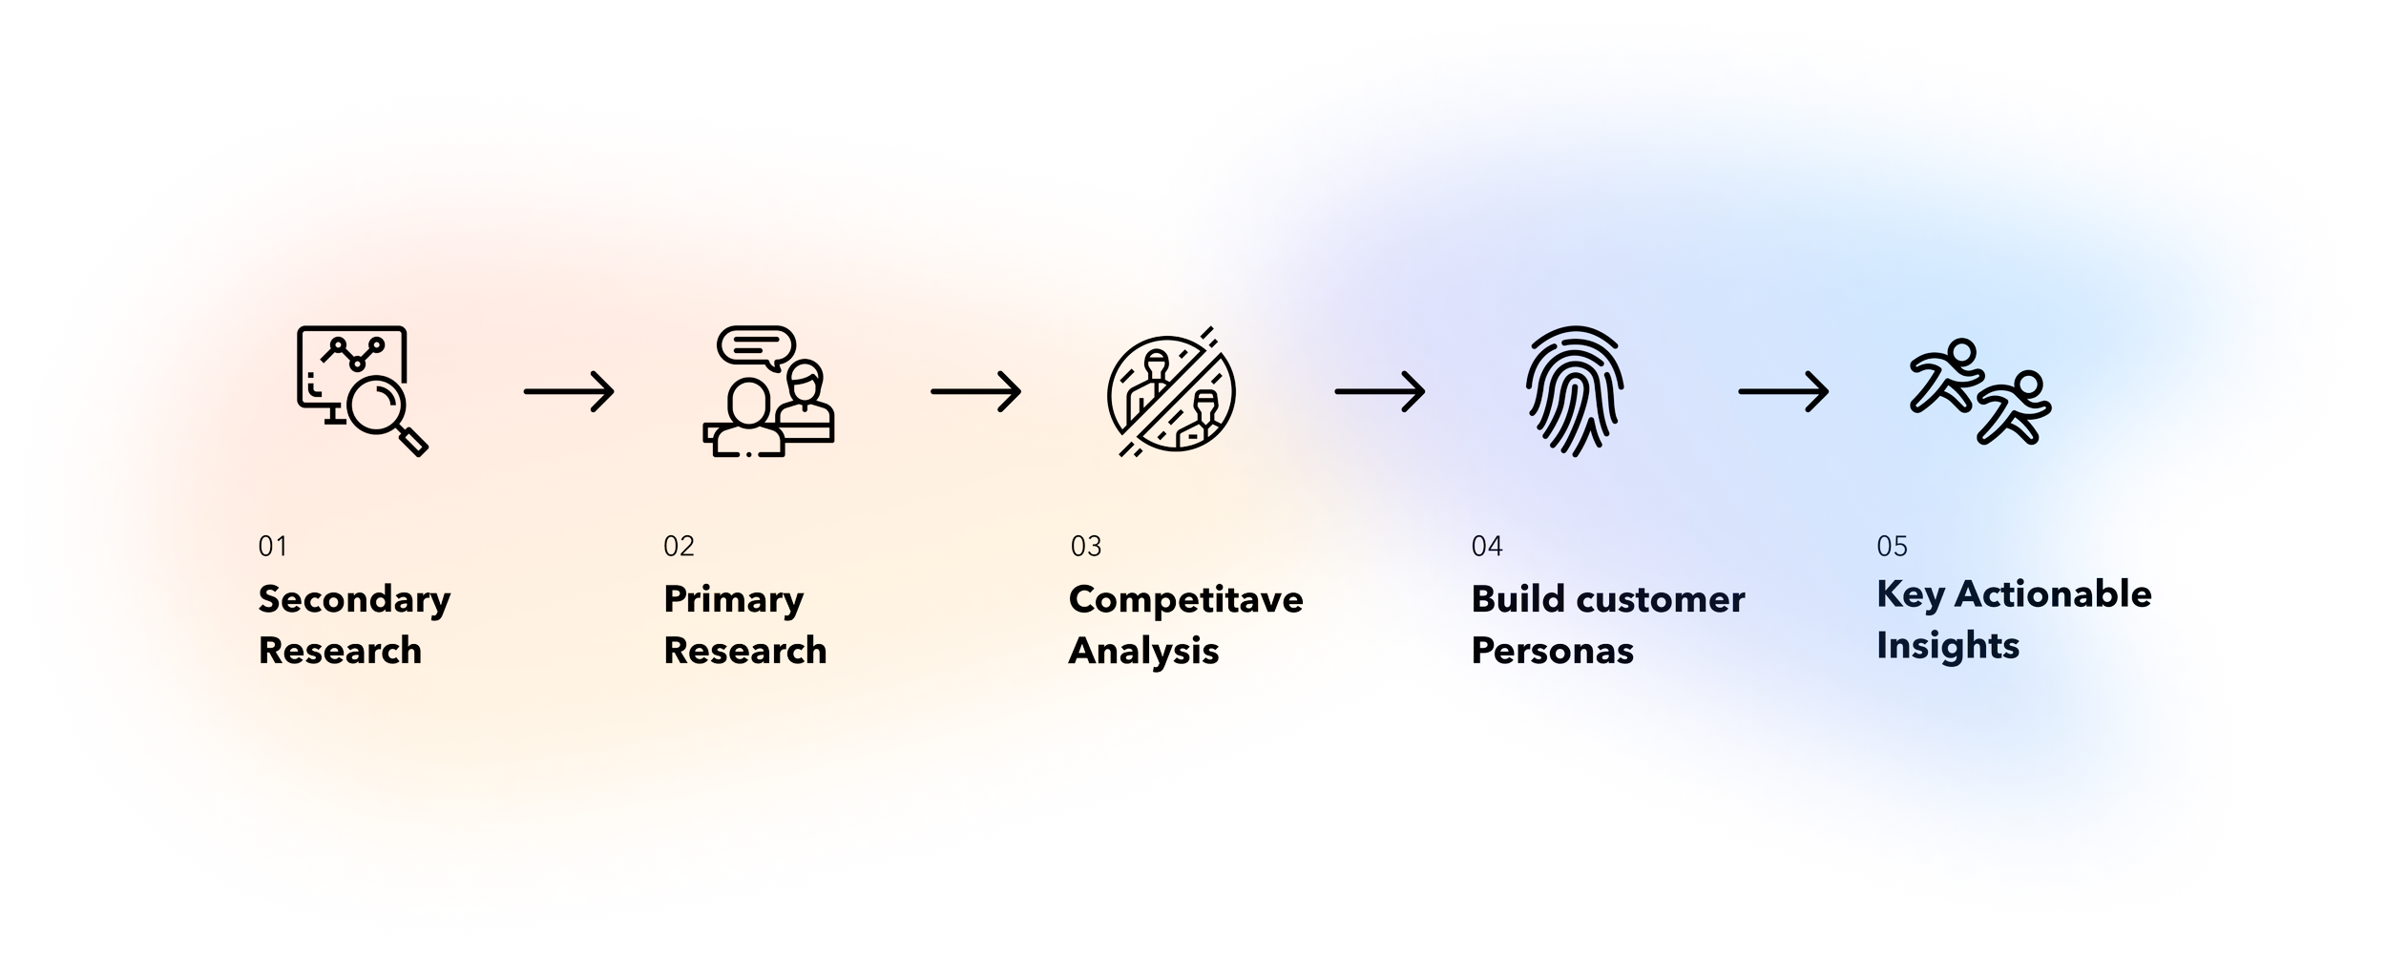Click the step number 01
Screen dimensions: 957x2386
[x=272, y=547]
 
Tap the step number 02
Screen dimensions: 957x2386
[x=679, y=547]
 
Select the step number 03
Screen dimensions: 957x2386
[x=1086, y=547]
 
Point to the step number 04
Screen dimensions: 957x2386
[x=1487, y=547]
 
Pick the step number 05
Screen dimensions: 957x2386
[x=1892, y=547]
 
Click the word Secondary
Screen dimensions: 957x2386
[x=354, y=600]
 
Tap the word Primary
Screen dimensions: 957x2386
[x=733, y=600]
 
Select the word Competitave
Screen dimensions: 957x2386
[x=1185, y=600]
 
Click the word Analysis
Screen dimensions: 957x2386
[x=1143, y=652]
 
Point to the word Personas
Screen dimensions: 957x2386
[x=1552, y=652]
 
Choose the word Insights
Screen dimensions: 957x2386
[x=1947, y=647]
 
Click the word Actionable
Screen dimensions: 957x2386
[x=2053, y=594]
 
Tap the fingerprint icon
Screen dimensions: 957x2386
[x=1575, y=391]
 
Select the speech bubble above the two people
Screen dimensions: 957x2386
[x=756, y=346]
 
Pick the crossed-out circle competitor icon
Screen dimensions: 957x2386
[x=1171, y=392]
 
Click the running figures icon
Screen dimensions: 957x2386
[x=1979, y=391]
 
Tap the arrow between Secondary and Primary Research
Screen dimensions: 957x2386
[x=569, y=391]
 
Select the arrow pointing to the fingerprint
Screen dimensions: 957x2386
[x=1380, y=391]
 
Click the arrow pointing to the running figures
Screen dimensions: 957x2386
[x=1783, y=391]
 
